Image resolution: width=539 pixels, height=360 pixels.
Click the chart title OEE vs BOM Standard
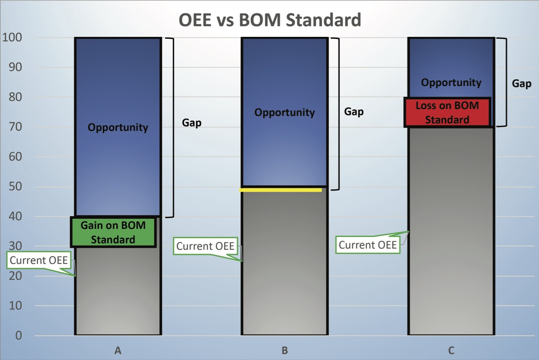click(270, 20)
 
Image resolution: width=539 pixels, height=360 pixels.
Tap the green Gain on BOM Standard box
click(113, 232)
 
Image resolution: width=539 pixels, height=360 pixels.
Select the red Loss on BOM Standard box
click(447, 112)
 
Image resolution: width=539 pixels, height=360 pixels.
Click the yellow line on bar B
click(281, 190)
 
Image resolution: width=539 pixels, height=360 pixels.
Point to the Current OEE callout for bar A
click(39, 260)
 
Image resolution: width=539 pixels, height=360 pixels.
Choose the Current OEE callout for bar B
click(206, 246)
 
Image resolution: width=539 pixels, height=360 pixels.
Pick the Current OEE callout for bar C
click(367, 245)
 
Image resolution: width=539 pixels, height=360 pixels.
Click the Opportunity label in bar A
click(118, 127)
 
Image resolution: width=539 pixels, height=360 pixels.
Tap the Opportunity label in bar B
click(284, 112)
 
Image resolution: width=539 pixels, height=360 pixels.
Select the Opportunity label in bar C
click(451, 83)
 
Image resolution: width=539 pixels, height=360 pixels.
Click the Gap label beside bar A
click(191, 123)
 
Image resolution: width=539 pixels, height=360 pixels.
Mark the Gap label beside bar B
click(354, 112)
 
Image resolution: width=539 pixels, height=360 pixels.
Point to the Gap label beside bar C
click(522, 83)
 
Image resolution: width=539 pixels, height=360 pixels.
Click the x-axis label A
click(118, 350)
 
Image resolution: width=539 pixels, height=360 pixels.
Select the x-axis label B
click(284, 350)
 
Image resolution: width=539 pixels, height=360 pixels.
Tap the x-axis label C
click(451, 350)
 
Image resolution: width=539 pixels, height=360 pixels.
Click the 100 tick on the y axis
click(13, 38)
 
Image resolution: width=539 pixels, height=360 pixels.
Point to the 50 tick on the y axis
click(17, 187)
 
